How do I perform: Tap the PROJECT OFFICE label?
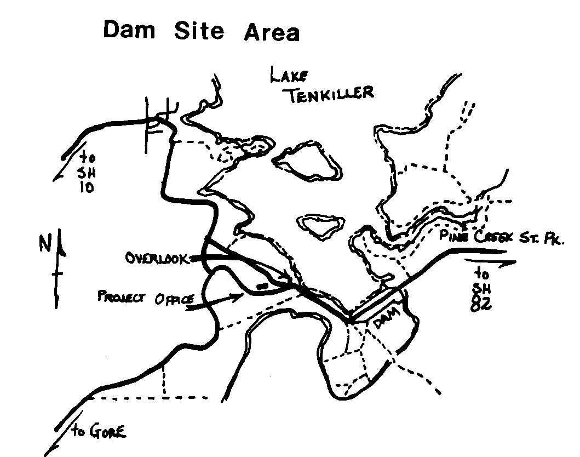tap(146, 298)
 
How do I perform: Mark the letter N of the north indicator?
tap(44, 243)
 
